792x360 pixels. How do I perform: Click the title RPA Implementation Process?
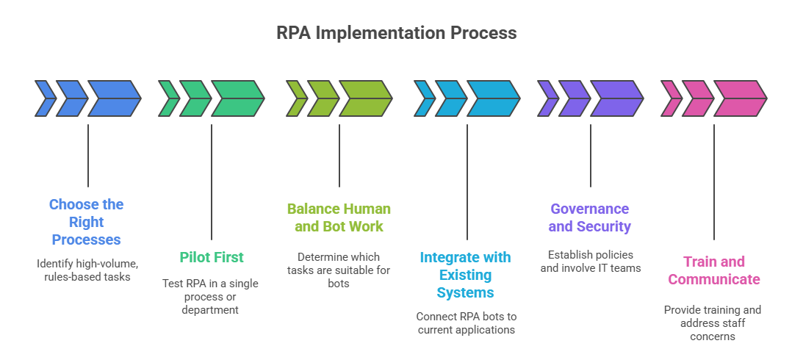(396, 33)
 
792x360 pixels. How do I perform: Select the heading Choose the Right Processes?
(87, 222)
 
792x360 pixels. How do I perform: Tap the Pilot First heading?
(212, 257)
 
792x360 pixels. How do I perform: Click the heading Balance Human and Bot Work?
(339, 217)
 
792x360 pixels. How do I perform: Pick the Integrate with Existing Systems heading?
(465, 275)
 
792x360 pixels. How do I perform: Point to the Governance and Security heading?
(589, 217)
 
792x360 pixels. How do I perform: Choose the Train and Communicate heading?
(713, 270)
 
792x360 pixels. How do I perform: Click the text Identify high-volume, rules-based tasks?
(87, 270)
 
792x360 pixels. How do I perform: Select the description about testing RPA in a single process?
(211, 297)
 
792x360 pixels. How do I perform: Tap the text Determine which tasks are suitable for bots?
(339, 270)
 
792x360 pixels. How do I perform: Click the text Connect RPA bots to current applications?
(466, 323)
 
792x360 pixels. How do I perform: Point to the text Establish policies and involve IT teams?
(590, 261)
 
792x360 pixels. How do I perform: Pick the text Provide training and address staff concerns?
(713, 323)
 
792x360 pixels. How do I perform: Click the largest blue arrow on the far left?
(113, 98)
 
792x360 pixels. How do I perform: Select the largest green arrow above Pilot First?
(237, 98)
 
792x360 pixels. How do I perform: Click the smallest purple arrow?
(547, 98)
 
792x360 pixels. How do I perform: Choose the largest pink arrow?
(739, 98)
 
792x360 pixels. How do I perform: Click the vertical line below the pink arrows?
(714, 184)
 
